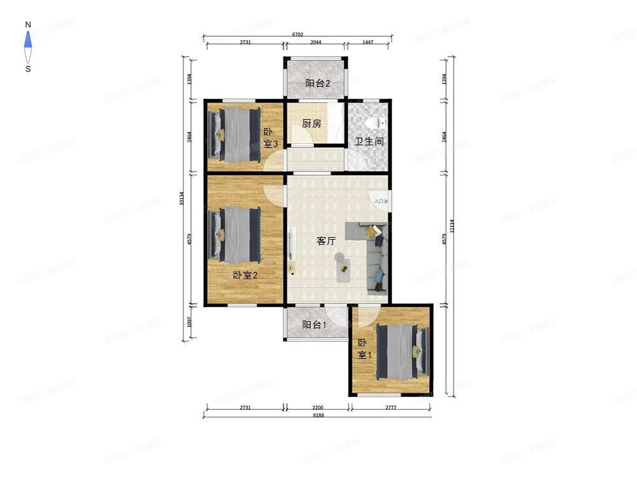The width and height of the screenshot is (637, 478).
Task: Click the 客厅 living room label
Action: pyautogui.click(x=326, y=241)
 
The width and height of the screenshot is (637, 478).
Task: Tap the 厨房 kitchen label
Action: pyautogui.click(x=311, y=124)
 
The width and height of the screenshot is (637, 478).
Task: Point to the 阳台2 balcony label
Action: pyautogui.click(x=317, y=83)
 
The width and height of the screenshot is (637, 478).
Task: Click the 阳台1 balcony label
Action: pyautogui.click(x=314, y=325)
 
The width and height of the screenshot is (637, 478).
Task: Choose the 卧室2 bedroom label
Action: pyautogui.click(x=245, y=275)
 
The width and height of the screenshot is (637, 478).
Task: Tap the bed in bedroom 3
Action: pyautogui.click(x=234, y=133)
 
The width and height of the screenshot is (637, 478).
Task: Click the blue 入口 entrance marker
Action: pyautogui.click(x=380, y=201)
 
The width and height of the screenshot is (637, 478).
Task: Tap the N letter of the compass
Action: pyautogui.click(x=28, y=25)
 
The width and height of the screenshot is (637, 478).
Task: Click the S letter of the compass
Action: pyautogui.click(x=28, y=69)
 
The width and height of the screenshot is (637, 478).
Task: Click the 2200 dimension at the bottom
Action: pyautogui.click(x=317, y=407)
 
